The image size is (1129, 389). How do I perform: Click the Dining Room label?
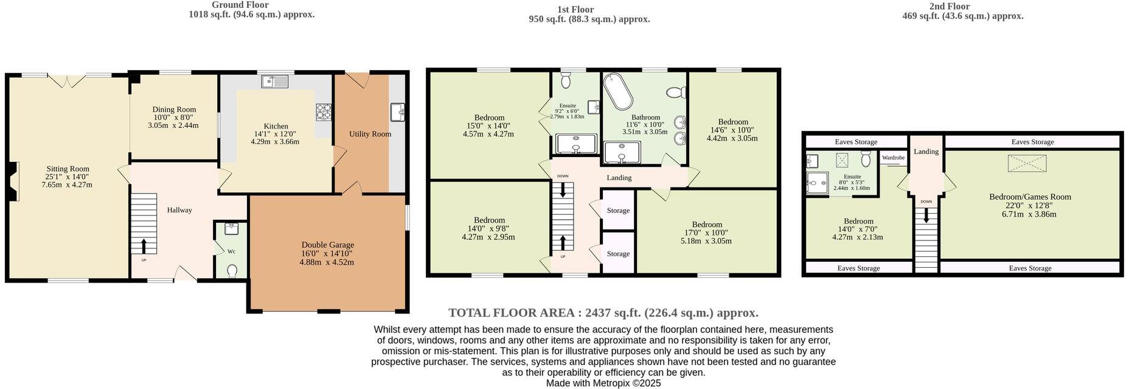174,110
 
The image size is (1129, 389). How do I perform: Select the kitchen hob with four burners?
324,111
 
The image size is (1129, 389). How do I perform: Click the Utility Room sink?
398,111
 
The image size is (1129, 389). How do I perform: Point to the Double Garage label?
328,245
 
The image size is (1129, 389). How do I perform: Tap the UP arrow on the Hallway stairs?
144,245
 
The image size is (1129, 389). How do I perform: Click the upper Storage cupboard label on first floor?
618,211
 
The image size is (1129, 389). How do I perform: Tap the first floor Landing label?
619,178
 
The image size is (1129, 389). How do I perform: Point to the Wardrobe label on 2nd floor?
893,158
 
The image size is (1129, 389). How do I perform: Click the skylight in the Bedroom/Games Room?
1027,164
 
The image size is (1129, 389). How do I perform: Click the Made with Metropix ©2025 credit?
603,384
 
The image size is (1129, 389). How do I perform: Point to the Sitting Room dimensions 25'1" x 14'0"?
68,177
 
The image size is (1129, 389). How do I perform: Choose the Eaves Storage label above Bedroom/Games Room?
1033,142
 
